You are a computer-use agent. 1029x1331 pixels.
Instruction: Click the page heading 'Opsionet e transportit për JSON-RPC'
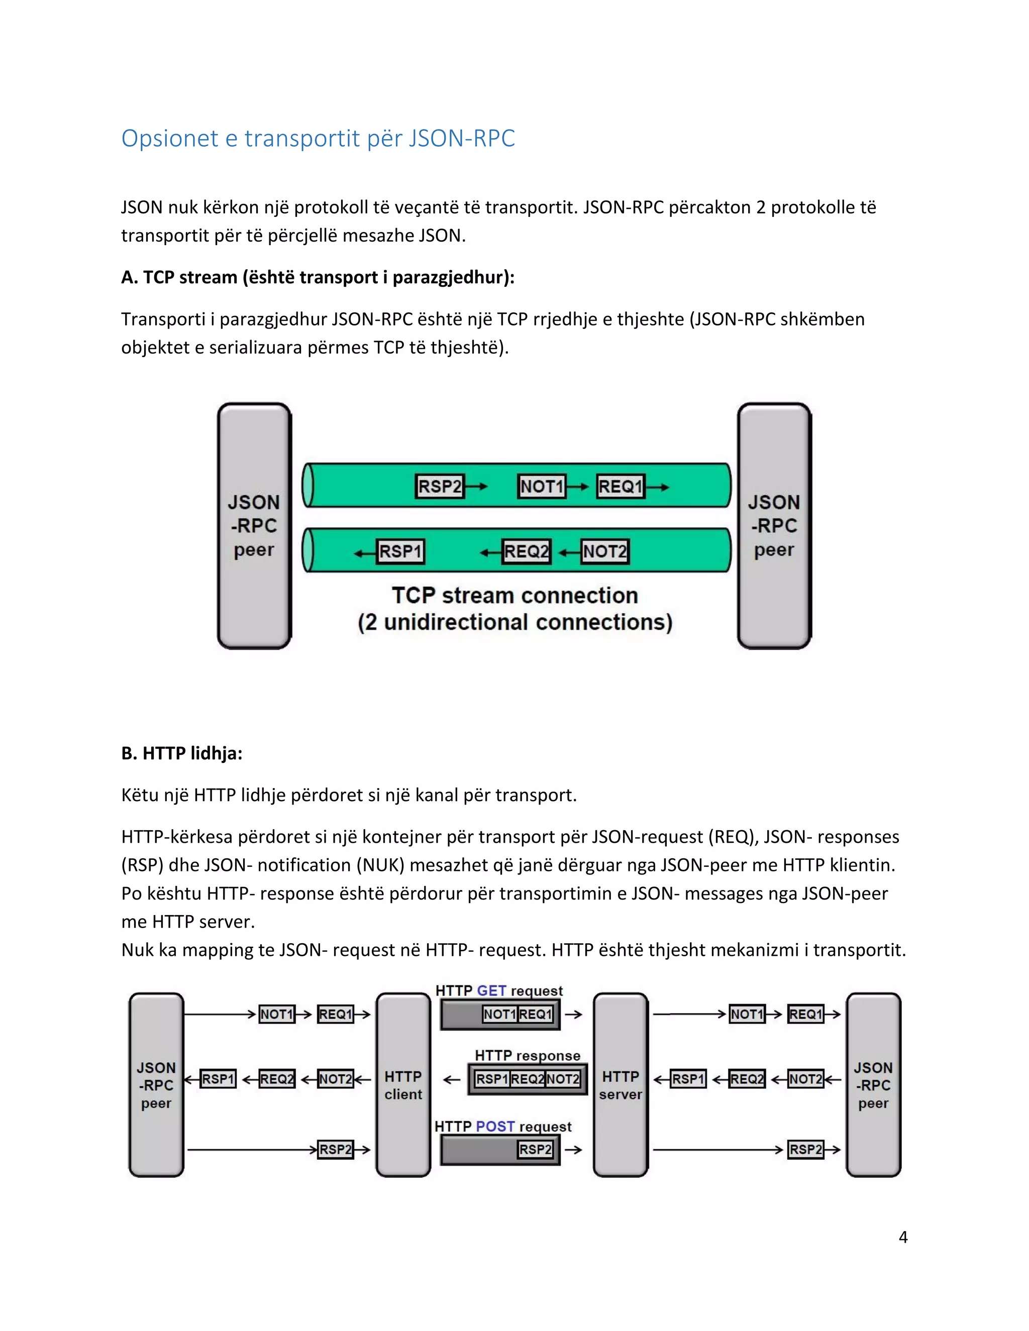coord(318,138)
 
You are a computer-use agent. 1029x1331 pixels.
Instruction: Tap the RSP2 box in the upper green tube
coord(440,486)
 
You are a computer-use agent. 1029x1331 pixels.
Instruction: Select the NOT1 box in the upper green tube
coord(541,486)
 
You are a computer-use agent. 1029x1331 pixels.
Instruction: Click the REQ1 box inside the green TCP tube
coord(621,486)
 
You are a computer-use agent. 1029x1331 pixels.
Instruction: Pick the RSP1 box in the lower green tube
coord(400,551)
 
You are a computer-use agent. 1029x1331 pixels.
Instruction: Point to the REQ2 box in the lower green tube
coord(526,551)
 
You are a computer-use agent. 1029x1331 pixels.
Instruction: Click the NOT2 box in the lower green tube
coord(604,551)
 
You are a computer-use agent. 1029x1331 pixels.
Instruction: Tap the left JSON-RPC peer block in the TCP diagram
coord(254,525)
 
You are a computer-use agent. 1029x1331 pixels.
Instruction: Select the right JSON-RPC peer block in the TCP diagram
coord(774,525)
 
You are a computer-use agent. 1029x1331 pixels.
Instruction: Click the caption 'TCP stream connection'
coord(514,595)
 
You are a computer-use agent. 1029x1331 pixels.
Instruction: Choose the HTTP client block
coord(403,1085)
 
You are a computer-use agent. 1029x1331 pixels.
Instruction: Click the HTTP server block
coord(620,1085)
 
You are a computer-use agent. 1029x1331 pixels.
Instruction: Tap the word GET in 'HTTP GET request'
coord(491,991)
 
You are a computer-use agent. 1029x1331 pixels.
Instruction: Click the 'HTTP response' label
coord(527,1056)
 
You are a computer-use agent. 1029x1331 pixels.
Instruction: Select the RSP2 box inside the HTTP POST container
coord(535,1149)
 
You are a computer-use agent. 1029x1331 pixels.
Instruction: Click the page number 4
coord(903,1237)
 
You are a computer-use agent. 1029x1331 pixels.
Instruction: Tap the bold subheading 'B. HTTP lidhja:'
coord(182,753)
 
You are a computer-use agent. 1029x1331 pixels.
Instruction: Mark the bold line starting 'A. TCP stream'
coord(318,277)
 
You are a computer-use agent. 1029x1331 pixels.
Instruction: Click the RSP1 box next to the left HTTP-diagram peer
coord(218,1079)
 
